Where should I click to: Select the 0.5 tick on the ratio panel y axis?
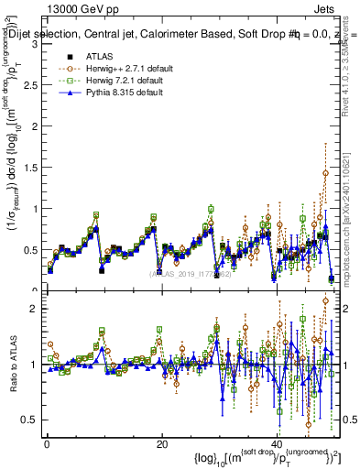click(x=33, y=420)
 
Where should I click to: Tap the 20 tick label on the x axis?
click(x=161, y=442)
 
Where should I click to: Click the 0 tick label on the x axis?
click(x=47, y=442)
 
